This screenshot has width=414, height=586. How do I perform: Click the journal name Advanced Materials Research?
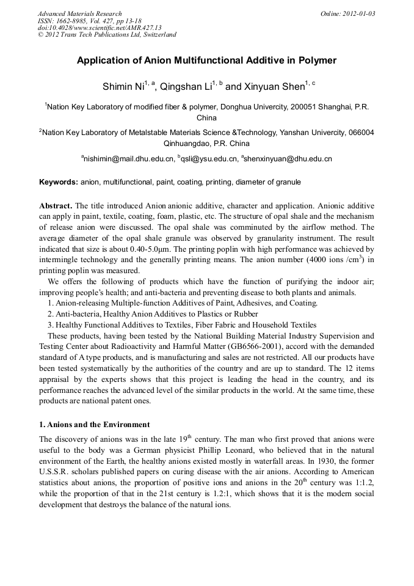point(79,13)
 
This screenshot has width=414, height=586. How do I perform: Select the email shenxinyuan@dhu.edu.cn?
point(289,159)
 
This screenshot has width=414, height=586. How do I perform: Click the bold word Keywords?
point(59,182)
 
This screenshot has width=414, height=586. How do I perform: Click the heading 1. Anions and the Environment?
point(94,424)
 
